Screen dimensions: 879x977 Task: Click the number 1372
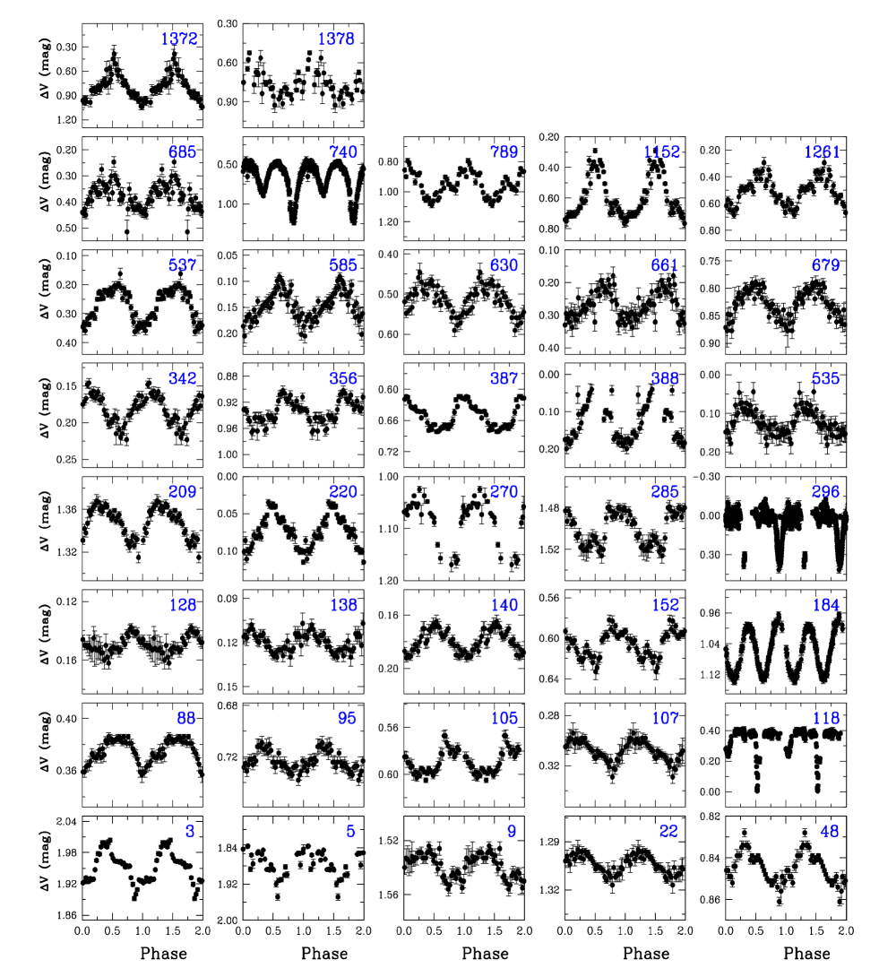click(x=179, y=39)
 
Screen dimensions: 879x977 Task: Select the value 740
click(x=343, y=152)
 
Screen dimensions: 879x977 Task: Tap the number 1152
click(x=661, y=152)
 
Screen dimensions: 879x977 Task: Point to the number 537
click(x=183, y=265)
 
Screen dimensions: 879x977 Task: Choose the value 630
click(x=504, y=265)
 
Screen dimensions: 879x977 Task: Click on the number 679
click(x=825, y=265)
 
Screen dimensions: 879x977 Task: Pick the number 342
click(x=183, y=378)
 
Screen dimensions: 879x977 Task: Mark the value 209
click(x=183, y=492)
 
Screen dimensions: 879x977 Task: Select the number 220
click(x=343, y=492)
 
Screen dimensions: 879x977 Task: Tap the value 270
click(x=504, y=492)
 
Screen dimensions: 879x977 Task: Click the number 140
click(x=504, y=605)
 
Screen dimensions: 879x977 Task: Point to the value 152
click(x=665, y=605)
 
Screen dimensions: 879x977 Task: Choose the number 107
click(x=665, y=718)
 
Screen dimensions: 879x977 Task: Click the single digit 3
click(x=190, y=831)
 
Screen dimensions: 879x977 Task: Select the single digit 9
click(x=512, y=831)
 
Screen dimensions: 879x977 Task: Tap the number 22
click(x=668, y=831)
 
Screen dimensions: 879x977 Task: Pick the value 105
click(x=504, y=718)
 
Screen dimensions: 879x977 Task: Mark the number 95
click(x=347, y=718)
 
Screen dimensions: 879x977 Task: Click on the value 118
click(x=825, y=718)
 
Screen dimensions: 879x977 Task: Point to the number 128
click(x=183, y=605)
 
